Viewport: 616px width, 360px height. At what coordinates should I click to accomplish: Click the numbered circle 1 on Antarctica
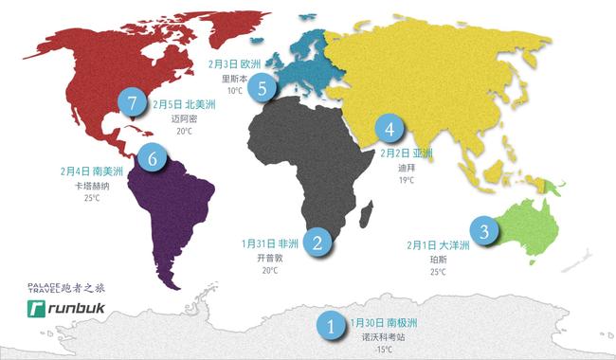(331, 327)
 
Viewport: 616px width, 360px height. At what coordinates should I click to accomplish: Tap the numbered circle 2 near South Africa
(319, 242)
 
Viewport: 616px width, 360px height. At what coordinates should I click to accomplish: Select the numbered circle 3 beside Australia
(485, 230)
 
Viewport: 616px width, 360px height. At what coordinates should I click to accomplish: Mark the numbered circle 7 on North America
(131, 102)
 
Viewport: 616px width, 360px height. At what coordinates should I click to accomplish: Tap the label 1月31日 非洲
(270, 243)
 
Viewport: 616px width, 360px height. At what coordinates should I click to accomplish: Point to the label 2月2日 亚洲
(406, 153)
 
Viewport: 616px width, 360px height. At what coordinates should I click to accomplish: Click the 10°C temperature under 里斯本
(233, 92)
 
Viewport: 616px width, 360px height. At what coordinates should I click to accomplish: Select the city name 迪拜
(406, 167)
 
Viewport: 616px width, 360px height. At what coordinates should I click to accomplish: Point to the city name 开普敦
(269, 258)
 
